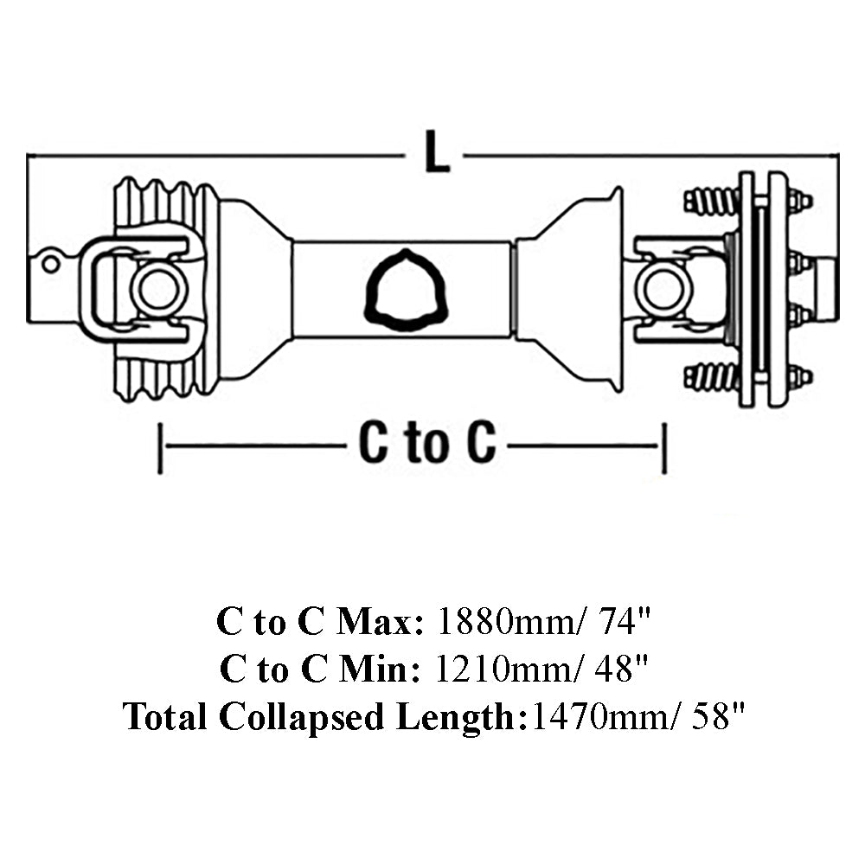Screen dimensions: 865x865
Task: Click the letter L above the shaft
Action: tap(437, 151)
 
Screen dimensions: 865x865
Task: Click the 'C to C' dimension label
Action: tap(427, 443)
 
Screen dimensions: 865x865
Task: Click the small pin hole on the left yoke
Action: tap(50, 264)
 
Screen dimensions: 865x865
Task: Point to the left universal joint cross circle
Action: tap(160, 290)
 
